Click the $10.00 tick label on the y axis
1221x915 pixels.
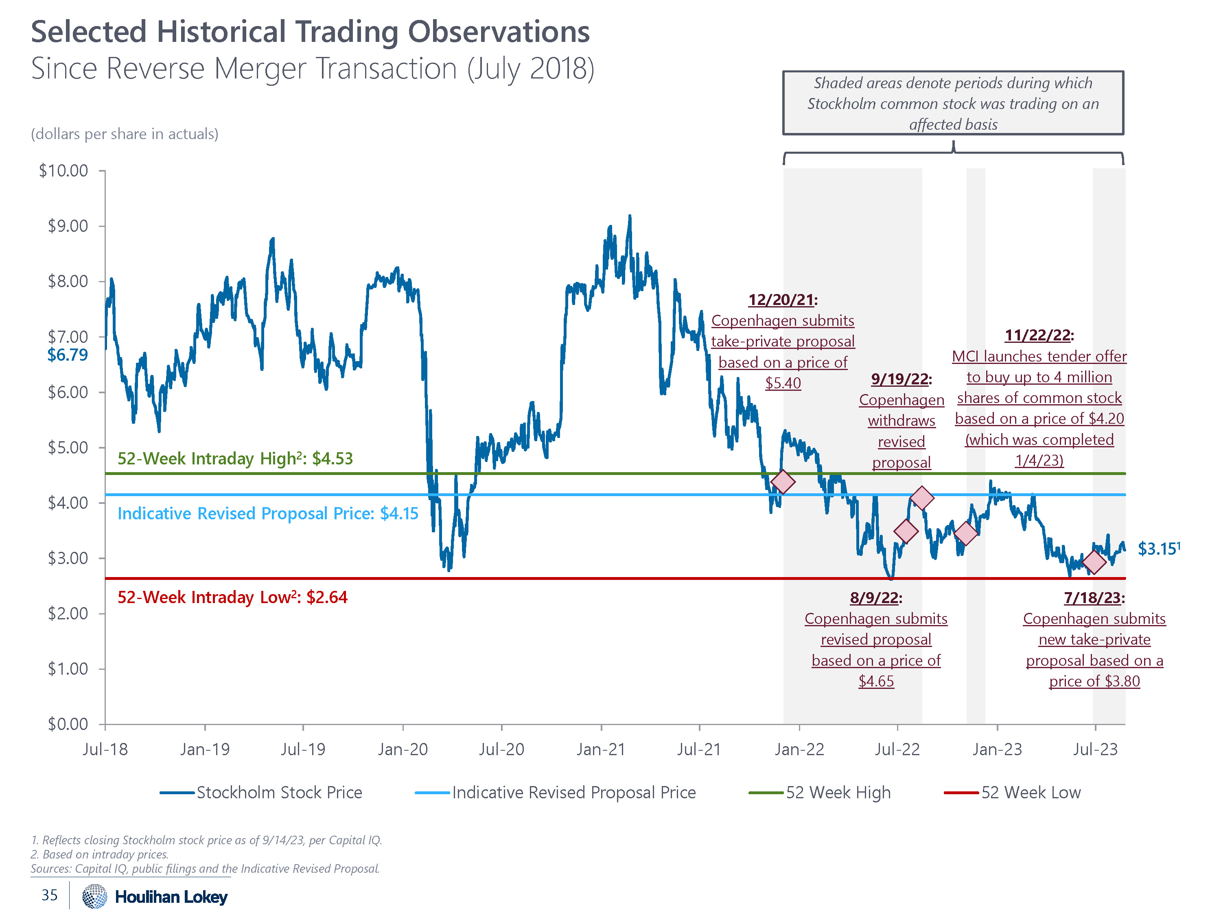(63, 170)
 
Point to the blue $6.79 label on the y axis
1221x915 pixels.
(67, 355)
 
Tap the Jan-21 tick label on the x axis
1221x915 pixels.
(601, 749)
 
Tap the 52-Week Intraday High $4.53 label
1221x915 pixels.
(235, 458)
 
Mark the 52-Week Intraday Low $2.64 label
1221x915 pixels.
(232, 597)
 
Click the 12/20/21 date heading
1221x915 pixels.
(782, 300)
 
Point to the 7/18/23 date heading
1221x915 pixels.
(1094, 598)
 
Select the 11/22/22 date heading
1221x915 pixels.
(1039, 335)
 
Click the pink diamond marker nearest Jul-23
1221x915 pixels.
(1094, 562)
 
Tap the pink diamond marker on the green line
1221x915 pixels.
(783, 481)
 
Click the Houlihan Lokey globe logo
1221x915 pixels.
(94, 896)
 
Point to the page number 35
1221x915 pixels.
(50, 895)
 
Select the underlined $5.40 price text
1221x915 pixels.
(783, 383)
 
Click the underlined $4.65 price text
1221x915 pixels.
(876, 681)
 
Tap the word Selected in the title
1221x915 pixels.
(88, 32)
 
